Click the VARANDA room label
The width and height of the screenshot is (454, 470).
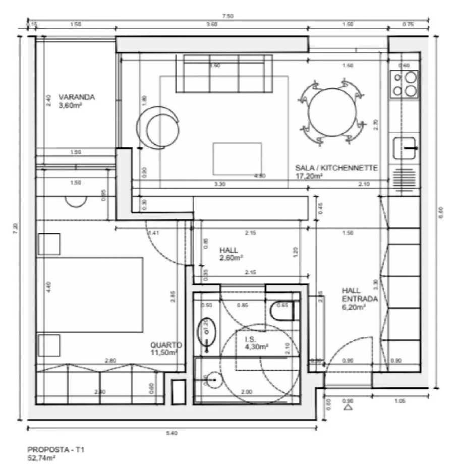point(77,97)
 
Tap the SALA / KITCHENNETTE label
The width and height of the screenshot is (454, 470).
point(336,168)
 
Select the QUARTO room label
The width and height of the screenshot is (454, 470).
point(165,345)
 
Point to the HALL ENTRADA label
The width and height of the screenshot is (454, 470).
point(359,295)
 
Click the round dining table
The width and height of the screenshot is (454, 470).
point(331,112)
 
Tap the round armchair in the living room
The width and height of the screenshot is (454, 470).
point(158,129)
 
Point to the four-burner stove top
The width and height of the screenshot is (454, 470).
point(405,84)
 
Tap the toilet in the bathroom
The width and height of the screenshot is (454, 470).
point(281,311)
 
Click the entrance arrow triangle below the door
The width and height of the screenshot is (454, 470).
point(347,407)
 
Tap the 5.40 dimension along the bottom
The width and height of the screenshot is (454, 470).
point(173,433)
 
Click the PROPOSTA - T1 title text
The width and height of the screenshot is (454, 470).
point(49,448)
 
